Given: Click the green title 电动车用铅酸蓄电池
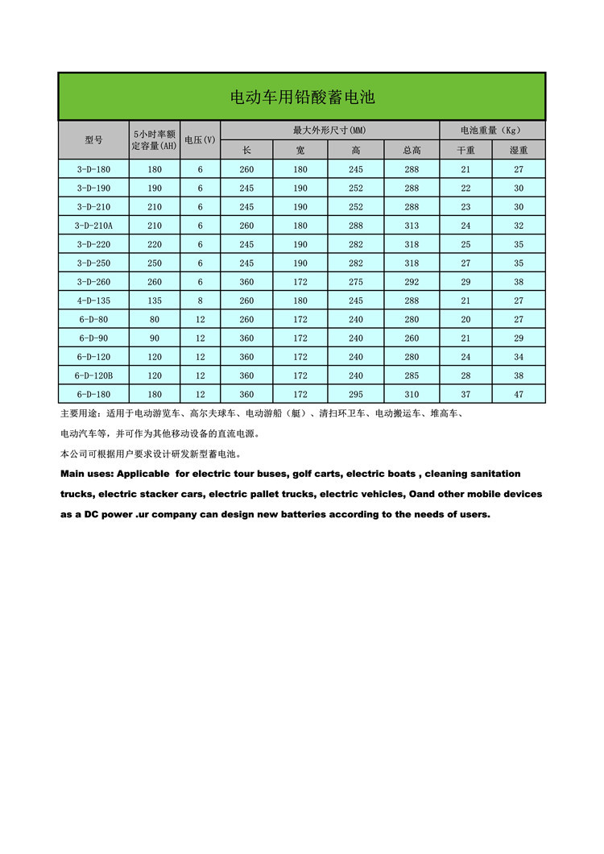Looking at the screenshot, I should coord(302,97).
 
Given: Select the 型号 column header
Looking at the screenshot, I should coord(94,140).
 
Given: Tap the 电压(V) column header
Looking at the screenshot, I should coord(200,140).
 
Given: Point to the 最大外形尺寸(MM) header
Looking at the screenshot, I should coord(329,131).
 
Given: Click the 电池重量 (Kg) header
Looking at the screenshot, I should coord(491,131).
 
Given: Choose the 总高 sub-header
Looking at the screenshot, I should coord(412,150).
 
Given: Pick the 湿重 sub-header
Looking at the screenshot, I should coord(519,150).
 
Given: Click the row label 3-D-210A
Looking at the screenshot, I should coord(94,226).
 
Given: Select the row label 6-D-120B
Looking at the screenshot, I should coord(94,375).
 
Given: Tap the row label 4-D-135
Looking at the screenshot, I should coord(94,301).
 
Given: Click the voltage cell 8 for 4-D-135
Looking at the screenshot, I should coord(200,301).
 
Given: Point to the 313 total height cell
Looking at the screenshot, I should coord(412,226).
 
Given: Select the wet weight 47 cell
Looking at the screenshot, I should coord(519,395).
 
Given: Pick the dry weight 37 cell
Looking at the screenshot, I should coord(465,395).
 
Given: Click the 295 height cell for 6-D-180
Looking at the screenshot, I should coord(356,395).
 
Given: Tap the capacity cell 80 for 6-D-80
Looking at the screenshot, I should coord(155,319).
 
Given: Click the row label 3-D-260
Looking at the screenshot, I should coord(94,282).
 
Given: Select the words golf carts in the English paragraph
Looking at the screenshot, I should coord(316,474).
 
